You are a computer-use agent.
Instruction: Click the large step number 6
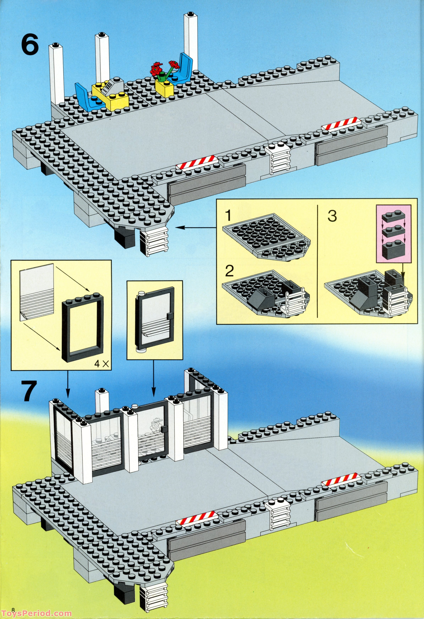[x=30, y=45]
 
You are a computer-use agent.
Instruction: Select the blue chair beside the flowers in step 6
[x=184, y=68]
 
